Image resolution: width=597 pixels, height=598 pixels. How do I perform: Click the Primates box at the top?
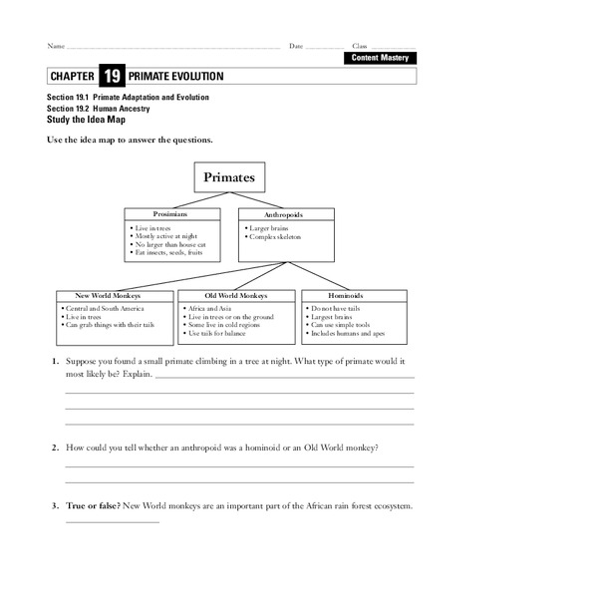pos(228,178)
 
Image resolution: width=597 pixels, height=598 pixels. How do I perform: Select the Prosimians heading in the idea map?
pos(170,213)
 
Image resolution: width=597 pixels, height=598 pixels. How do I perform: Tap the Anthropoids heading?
pos(284,213)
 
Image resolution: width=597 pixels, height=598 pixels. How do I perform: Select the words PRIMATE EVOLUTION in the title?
pos(176,77)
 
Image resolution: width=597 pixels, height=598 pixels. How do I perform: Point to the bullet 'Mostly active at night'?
pos(163,236)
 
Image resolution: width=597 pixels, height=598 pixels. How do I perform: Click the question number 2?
pos(56,448)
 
